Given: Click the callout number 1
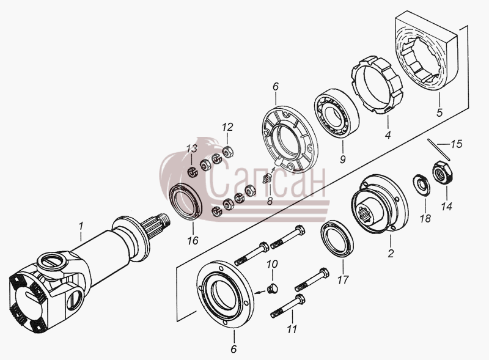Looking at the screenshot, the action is (x=81, y=226).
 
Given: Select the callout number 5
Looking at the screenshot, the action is (x=439, y=112).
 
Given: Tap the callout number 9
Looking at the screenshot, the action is (x=343, y=160).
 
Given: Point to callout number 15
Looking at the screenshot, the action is (x=456, y=144).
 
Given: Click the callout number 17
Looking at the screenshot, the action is (x=342, y=280).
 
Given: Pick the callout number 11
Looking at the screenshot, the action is (x=292, y=329).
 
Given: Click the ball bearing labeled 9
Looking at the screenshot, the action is (x=336, y=112).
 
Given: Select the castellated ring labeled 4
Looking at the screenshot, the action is (x=377, y=85).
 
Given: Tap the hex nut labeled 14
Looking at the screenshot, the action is (x=443, y=172).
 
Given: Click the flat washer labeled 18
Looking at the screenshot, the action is (x=422, y=185).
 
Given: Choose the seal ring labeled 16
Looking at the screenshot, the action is (x=186, y=202).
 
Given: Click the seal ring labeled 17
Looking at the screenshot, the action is (x=337, y=238).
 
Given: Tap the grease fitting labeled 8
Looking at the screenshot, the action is (x=267, y=178).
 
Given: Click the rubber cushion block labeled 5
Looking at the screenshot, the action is (x=426, y=51).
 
